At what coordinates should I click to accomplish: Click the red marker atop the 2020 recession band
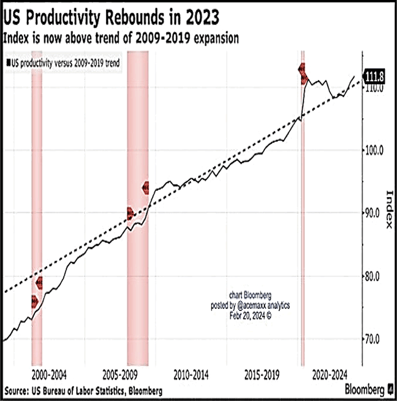tap(303, 73)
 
